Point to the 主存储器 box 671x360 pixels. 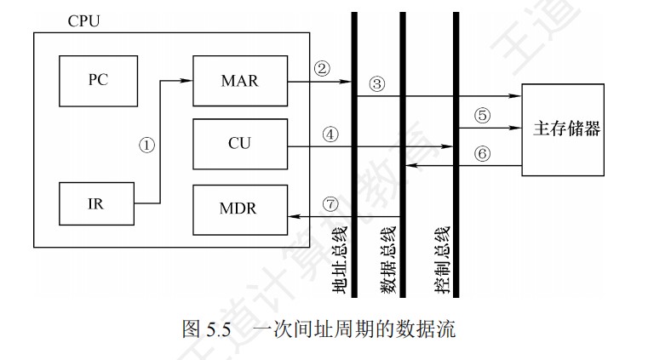click(566, 129)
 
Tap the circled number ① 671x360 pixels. click(146, 144)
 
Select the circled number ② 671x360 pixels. click(322, 69)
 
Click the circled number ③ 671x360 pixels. click(378, 84)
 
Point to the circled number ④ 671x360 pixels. click(330, 134)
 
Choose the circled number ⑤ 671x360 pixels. click(483, 116)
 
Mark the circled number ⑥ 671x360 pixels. click(483, 154)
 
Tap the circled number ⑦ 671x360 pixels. click(330, 203)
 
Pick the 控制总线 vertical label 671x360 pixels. click(443, 260)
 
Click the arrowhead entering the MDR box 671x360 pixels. click(292, 216)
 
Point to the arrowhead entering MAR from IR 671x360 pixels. click(189, 82)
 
